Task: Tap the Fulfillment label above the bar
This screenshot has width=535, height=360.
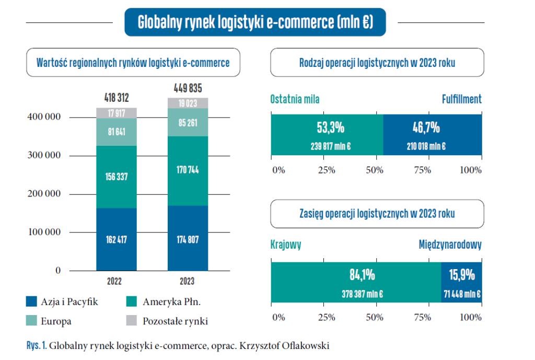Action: [461, 99]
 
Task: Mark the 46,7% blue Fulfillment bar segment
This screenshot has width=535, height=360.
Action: [433, 135]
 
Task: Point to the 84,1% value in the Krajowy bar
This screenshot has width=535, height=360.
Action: [362, 275]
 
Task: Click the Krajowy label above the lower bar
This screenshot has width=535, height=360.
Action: [286, 245]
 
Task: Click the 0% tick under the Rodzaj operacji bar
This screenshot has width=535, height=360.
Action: [278, 170]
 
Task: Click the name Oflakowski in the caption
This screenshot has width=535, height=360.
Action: [308, 345]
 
